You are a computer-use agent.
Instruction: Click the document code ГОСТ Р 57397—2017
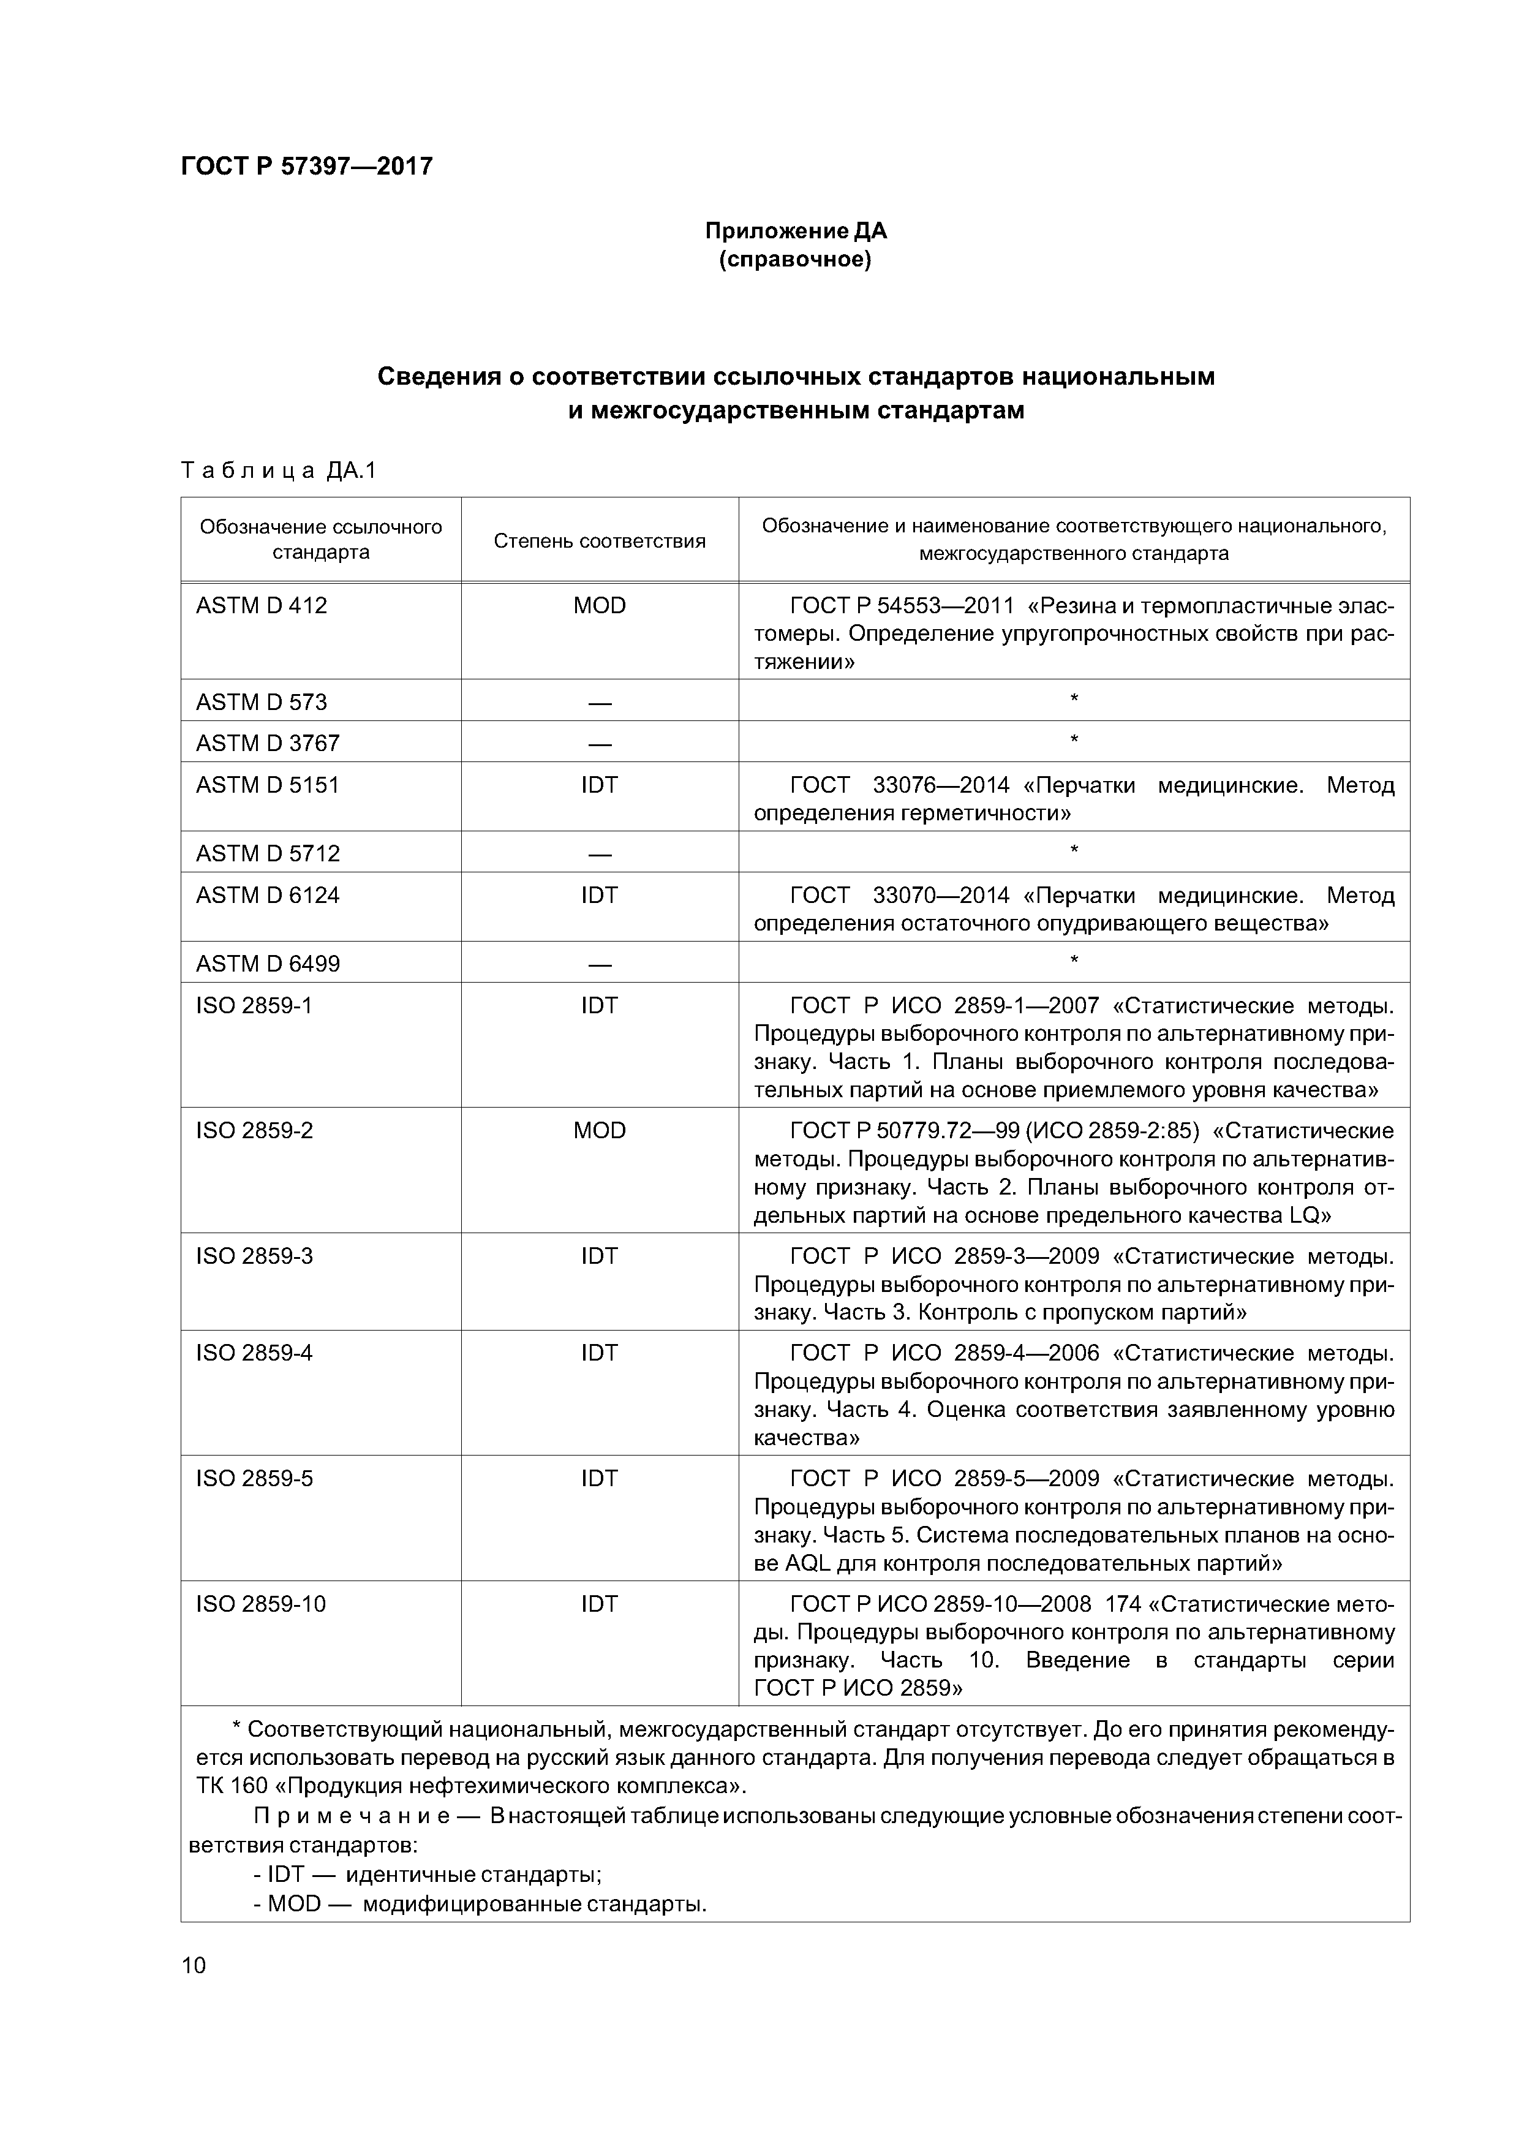(306, 167)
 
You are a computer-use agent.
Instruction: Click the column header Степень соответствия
(599, 541)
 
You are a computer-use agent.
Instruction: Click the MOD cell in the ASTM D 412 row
(599, 606)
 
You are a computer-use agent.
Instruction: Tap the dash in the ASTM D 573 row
(599, 703)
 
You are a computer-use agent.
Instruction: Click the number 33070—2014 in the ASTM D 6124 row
(941, 896)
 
